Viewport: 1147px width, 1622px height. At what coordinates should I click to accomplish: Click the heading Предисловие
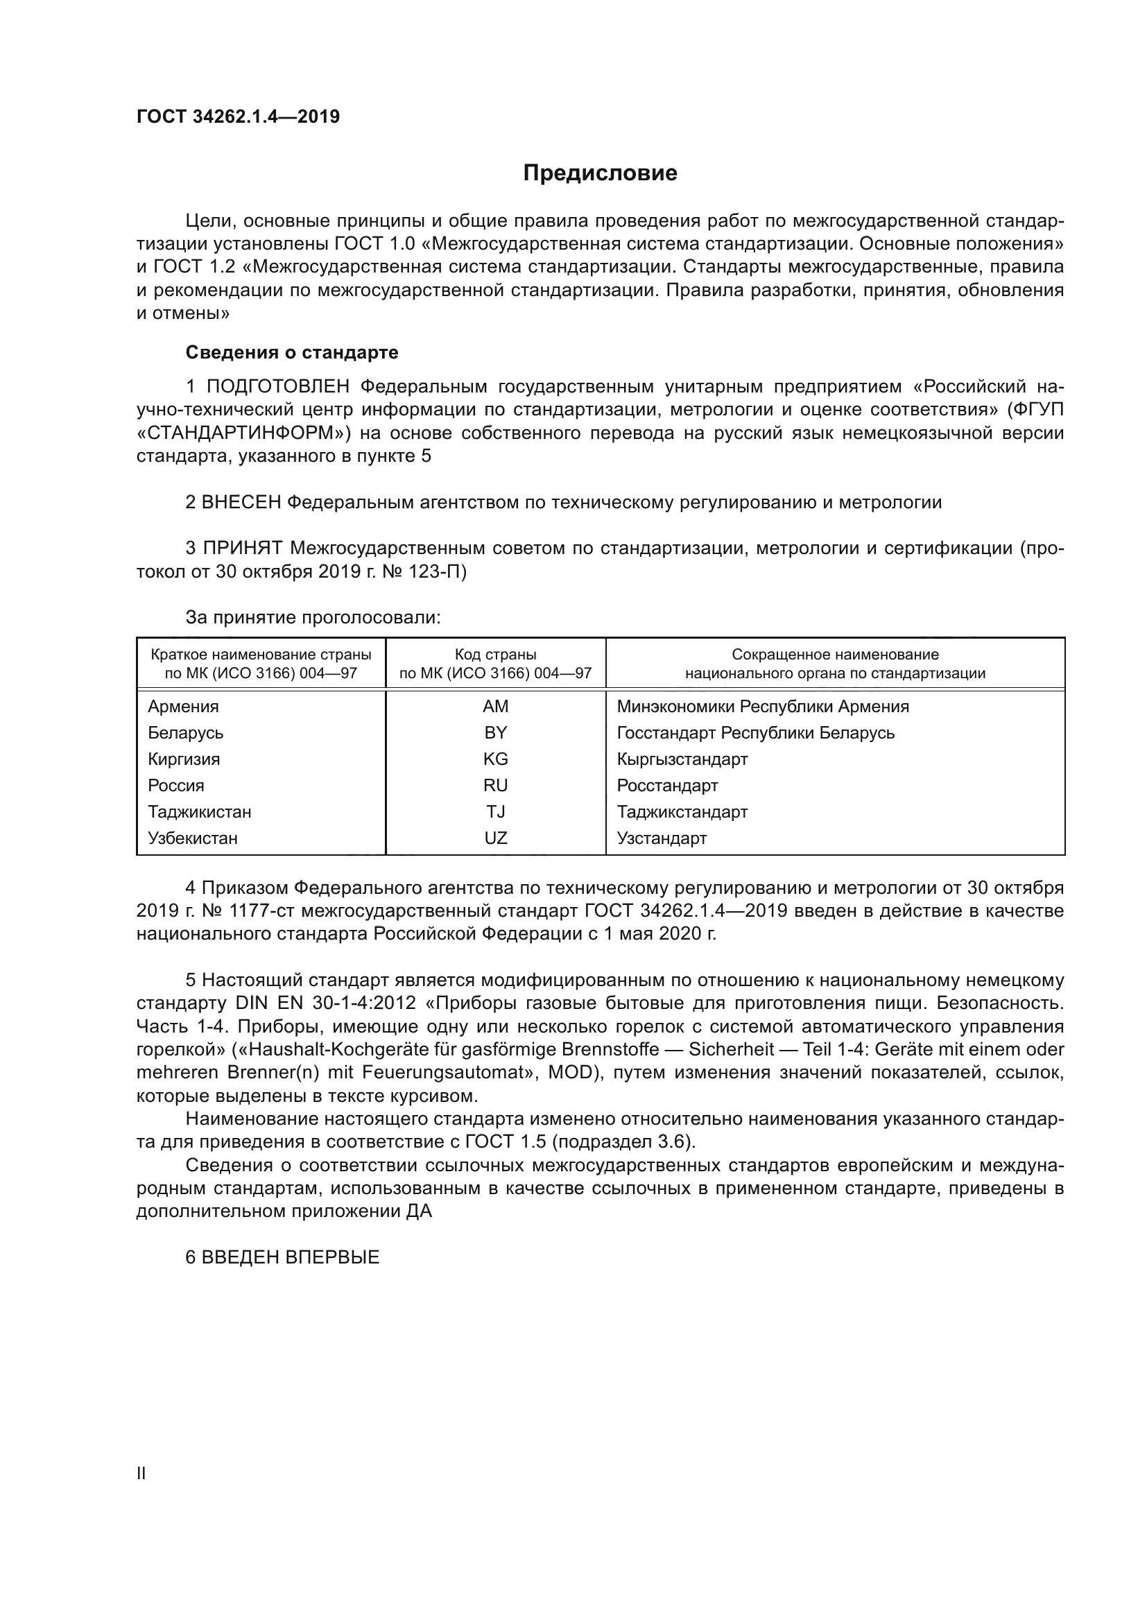tap(600, 173)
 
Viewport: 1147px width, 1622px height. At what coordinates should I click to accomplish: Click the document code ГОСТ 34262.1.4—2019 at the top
tap(238, 117)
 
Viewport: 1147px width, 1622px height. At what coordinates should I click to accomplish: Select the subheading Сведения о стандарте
tap(292, 352)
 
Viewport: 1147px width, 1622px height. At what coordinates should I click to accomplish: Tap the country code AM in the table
tap(495, 707)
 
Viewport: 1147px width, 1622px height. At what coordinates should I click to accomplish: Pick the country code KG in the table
tap(495, 759)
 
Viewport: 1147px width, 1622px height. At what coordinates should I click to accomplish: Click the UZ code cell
tap(495, 838)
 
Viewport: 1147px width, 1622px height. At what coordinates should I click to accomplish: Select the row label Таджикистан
tap(199, 812)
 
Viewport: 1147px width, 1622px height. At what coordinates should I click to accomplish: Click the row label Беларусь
tap(185, 732)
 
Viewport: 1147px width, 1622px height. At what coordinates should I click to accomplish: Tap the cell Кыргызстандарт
tap(682, 759)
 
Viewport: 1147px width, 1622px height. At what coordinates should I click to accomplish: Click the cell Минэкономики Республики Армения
tap(762, 707)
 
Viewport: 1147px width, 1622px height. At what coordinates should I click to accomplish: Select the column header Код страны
tap(495, 655)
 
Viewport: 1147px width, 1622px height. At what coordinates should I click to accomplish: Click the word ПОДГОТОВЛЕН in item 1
tap(277, 386)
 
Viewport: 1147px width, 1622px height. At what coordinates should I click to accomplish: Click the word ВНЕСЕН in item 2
tap(241, 502)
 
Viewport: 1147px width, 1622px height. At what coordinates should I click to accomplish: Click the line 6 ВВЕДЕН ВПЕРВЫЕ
tap(282, 1257)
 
